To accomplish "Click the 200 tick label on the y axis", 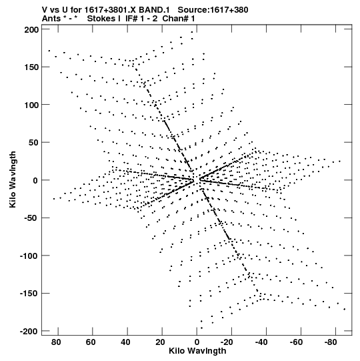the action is [x=32, y=30].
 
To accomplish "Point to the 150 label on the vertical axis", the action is [x=32, y=67].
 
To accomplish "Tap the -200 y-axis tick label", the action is [x=29, y=331].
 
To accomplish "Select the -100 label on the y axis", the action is [x=29, y=256].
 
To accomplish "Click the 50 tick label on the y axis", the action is [x=34, y=143].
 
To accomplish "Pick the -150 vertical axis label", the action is [x=29, y=294].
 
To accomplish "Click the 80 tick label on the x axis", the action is [x=56, y=342].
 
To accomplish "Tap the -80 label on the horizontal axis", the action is [x=331, y=342].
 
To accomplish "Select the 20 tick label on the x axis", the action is [x=160, y=342].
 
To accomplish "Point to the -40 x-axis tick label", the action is [x=261, y=342].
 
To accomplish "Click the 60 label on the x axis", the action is [x=91, y=342].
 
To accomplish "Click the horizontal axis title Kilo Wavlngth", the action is [x=197, y=351].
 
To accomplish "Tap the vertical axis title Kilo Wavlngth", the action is [x=13, y=179].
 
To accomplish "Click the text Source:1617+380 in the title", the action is [x=213, y=10].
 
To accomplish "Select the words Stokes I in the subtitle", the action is [x=104, y=19].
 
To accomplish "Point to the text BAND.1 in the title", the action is [x=154, y=10].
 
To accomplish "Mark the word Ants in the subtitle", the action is [x=51, y=19].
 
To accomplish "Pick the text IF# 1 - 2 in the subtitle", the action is [x=141, y=19].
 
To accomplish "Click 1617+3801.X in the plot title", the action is [x=111, y=10].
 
